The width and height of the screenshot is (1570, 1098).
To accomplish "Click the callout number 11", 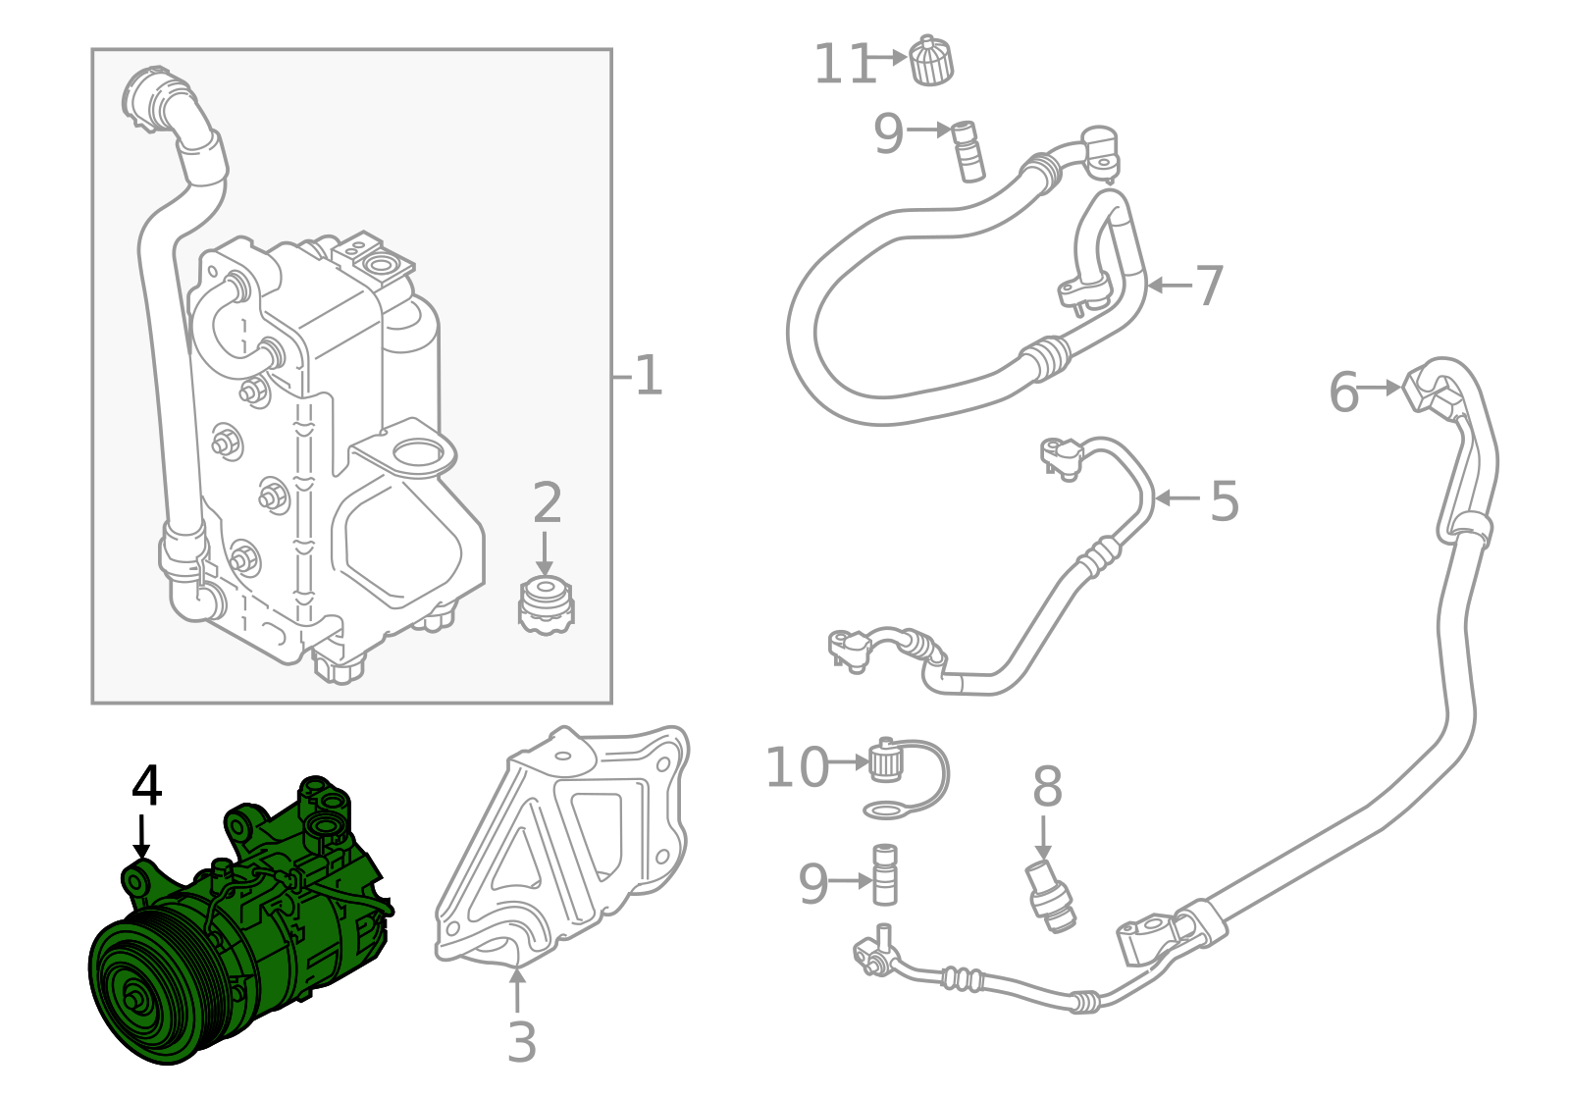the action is [x=845, y=64].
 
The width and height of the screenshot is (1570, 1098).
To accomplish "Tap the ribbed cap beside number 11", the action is [x=931, y=60].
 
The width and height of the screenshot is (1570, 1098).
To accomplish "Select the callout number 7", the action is [x=1209, y=286].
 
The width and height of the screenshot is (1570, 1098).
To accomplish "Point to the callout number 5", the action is [x=1225, y=500].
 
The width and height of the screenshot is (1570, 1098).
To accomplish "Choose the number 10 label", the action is [x=797, y=767].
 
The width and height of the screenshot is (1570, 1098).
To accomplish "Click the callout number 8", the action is [x=1047, y=786].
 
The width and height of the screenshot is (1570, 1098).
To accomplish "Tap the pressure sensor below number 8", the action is [x=1049, y=897].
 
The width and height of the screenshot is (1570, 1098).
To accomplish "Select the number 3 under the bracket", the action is [x=521, y=1042].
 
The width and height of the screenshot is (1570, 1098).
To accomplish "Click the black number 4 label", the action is [x=146, y=785].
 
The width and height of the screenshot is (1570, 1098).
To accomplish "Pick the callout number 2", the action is [x=547, y=501].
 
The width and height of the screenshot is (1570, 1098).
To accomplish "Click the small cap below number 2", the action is [x=546, y=605].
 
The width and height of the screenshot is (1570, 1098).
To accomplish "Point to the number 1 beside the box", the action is [x=649, y=375].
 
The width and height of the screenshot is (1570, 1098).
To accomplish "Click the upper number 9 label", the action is [x=888, y=133].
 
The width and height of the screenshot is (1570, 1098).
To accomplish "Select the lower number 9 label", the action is [x=813, y=884].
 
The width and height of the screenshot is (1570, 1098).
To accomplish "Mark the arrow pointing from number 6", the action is [x=1380, y=388].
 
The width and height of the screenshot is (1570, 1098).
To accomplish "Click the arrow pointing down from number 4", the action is [x=142, y=836].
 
